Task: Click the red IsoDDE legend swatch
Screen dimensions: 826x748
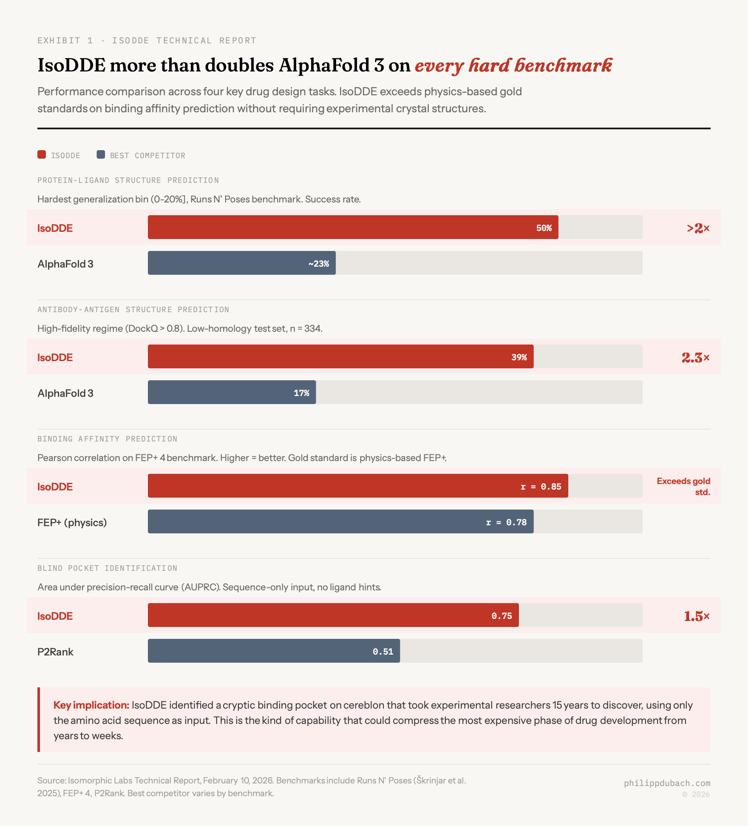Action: (42, 154)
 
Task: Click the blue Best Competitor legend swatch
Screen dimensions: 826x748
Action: (101, 154)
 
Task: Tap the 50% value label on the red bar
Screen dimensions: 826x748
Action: (544, 228)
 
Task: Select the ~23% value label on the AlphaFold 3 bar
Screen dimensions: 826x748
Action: (318, 264)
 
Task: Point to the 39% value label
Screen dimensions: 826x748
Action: (519, 357)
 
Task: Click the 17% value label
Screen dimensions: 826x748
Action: (301, 393)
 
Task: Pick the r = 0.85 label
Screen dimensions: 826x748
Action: (541, 487)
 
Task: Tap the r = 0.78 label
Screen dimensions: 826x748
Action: (506, 522)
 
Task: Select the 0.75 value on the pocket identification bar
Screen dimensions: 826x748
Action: (501, 616)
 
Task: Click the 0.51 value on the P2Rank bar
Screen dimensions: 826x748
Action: (383, 652)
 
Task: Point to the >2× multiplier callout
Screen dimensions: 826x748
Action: (698, 228)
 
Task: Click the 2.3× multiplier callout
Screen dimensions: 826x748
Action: (695, 358)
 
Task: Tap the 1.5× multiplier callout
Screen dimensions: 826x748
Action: (697, 616)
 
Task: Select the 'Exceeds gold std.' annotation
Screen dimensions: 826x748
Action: (683, 487)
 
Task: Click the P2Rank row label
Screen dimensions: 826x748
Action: (55, 652)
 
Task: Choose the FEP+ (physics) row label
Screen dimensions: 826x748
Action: (72, 522)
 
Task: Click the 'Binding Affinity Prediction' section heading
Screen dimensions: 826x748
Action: (107, 439)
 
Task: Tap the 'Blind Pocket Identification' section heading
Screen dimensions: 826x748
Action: (107, 568)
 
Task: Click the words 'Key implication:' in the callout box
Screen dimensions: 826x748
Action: (91, 705)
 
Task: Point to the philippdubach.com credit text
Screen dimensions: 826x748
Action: (667, 783)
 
